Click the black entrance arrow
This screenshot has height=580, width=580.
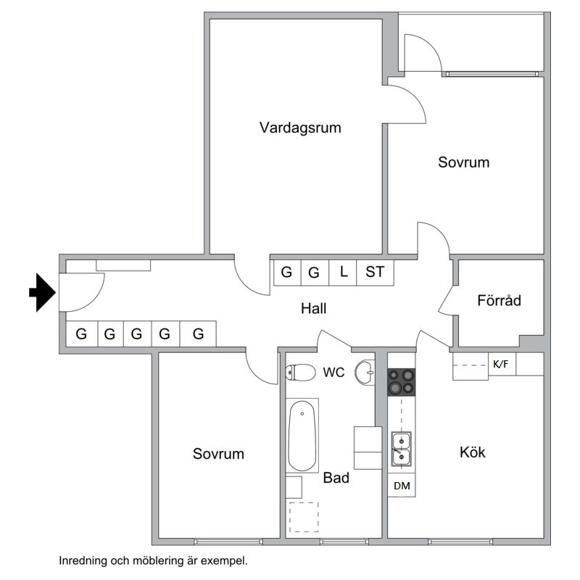[42, 293]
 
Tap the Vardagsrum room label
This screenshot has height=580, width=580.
[300, 128]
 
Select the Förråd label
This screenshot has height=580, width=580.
[500, 300]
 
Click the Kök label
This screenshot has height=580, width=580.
[473, 452]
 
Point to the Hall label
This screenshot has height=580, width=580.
[314, 309]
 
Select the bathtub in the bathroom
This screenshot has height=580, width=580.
[302, 436]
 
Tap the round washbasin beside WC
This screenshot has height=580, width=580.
[365, 373]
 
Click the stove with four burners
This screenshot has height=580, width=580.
[401, 382]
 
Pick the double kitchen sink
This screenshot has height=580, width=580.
[401, 448]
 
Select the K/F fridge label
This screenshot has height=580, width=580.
[500, 365]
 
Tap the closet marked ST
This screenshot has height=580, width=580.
[375, 273]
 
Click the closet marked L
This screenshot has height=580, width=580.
[344, 273]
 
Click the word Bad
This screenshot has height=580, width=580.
[336, 478]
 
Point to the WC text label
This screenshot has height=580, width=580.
[333, 373]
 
